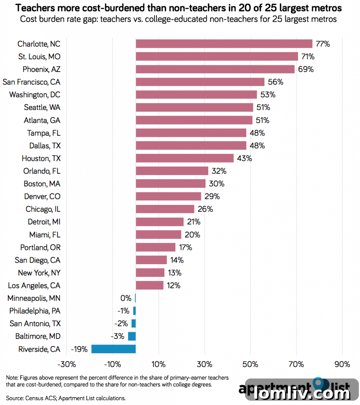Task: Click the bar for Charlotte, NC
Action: pos(224,44)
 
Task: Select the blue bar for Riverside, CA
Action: pos(113,349)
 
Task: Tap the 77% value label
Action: pos(322,44)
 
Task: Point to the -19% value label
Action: pos(79,349)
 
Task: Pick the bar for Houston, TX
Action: pos(185,158)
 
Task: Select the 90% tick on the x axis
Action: pos(342,364)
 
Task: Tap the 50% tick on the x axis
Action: pos(251,364)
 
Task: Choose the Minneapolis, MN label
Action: pos(34,298)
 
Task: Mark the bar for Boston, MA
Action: pos(170,184)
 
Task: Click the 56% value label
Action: pos(276,82)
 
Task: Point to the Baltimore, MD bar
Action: pos(132,336)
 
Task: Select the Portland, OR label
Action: pos(40,248)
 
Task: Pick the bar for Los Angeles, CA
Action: pos(149,285)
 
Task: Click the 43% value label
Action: pos(244,158)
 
